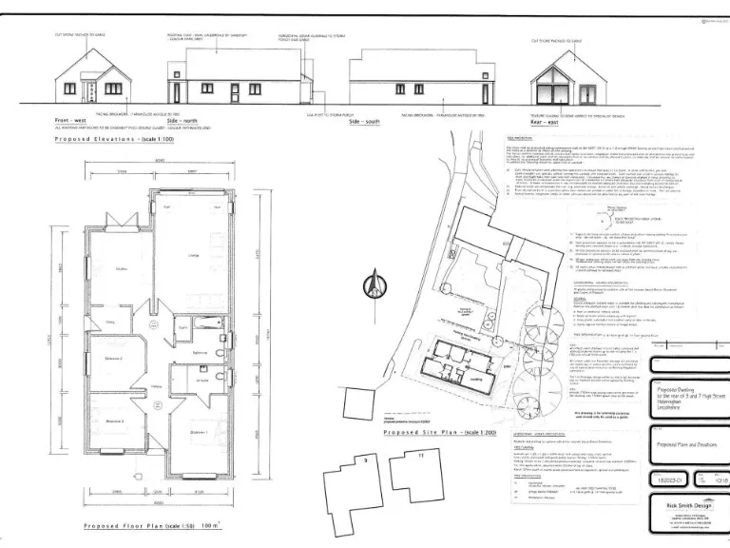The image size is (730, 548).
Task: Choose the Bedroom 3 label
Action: (113, 420)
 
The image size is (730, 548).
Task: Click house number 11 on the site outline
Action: (420, 457)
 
